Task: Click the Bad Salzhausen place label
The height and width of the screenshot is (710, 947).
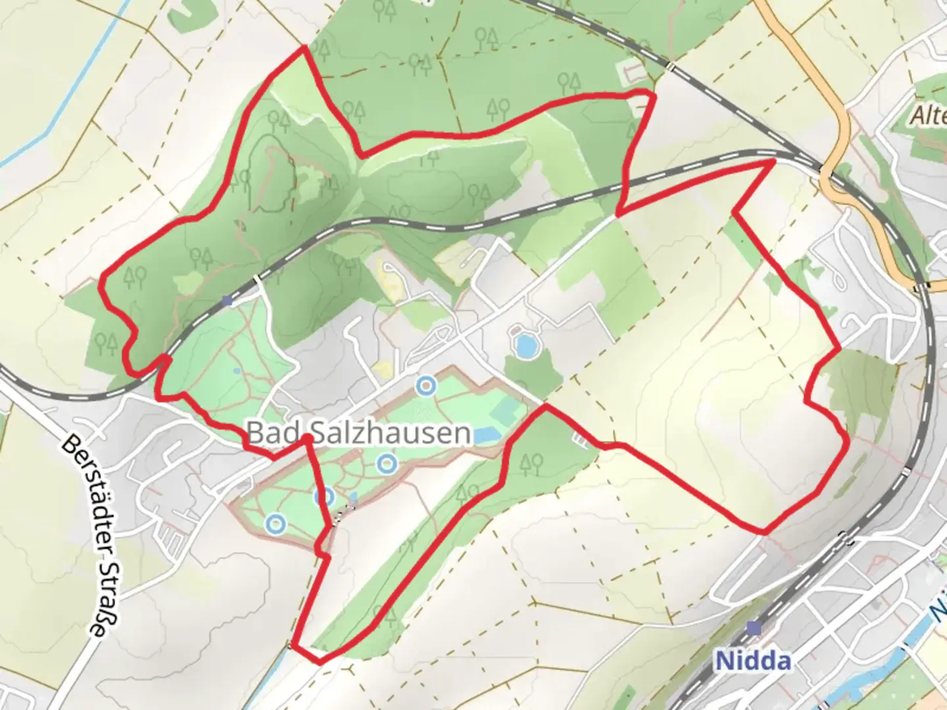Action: point(358,434)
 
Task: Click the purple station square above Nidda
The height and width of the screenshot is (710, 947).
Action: point(754,628)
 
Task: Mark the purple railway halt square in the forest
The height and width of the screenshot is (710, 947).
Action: point(227,300)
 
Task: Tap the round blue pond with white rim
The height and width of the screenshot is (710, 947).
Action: point(525,345)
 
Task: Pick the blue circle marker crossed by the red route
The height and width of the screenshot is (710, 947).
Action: point(324,497)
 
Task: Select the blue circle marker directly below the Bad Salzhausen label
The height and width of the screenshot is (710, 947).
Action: point(387,464)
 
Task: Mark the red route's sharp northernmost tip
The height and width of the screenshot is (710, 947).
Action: point(304,48)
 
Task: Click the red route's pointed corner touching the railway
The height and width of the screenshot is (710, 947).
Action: point(773,160)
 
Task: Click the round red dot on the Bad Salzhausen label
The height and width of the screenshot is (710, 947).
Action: point(307,438)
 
